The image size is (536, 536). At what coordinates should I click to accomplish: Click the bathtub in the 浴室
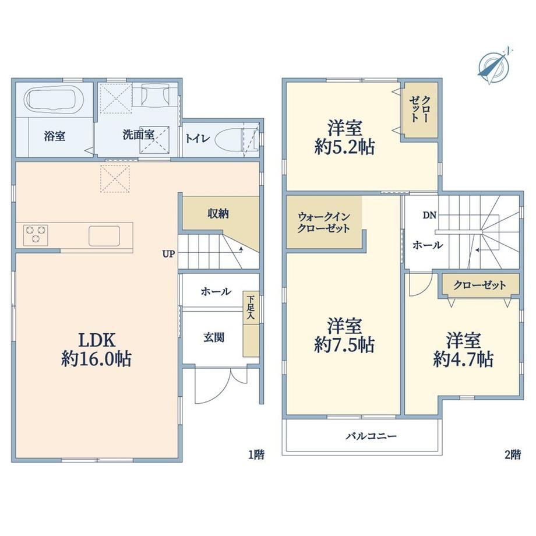point(54,100)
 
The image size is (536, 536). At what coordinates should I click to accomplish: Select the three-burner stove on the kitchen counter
point(36,235)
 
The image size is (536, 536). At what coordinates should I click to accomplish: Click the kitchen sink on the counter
point(104,236)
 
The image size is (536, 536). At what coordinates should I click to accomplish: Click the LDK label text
point(97,340)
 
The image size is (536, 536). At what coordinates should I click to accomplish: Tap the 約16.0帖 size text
point(96,359)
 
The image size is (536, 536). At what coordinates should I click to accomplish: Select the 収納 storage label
point(218,214)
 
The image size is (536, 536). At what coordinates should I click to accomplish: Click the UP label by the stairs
point(168,254)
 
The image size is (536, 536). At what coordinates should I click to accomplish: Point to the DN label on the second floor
point(429,216)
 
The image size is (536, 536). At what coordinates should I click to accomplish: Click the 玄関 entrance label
point(214,338)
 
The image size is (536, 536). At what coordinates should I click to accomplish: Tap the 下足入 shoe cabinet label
point(251,307)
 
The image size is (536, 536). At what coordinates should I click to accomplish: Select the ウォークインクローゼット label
point(323,223)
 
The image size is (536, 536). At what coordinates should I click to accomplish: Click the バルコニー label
point(371,436)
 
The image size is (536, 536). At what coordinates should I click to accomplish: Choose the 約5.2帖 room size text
point(344,147)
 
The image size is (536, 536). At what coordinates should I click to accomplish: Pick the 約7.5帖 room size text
point(344,345)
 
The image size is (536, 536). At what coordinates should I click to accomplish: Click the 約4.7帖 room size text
point(463,359)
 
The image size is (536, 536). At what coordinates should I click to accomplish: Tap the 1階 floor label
point(256,454)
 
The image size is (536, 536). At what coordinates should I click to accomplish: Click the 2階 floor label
point(513,454)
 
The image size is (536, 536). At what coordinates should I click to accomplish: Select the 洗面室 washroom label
point(139,135)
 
